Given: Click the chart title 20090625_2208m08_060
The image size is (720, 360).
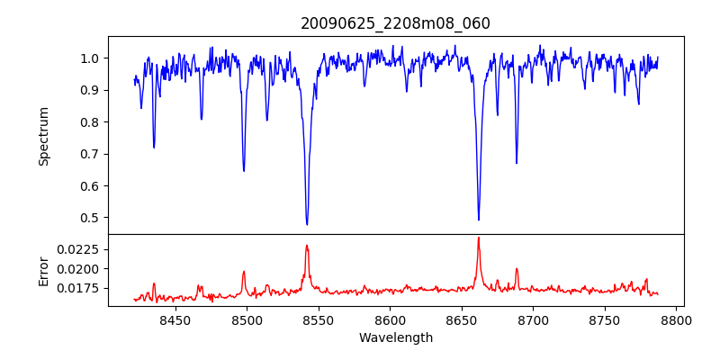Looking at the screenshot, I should tap(395, 23).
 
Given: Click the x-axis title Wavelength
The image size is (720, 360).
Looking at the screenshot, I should tap(395, 337).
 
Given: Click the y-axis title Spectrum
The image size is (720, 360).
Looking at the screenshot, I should tap(43, 136).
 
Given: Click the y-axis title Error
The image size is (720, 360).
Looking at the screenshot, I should tap(43, 270).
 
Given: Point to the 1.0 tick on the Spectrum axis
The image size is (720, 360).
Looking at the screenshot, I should tap(91, 58).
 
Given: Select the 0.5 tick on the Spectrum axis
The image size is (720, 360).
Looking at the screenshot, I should tap(91, 218).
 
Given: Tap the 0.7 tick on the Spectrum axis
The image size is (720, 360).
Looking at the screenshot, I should tap(91, 154).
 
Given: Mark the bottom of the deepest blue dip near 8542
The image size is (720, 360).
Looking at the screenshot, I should tap(307, 224).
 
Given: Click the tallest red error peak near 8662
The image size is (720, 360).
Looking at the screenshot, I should tap(478, 238).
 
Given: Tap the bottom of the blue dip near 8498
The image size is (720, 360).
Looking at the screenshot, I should tap(244, 171).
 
